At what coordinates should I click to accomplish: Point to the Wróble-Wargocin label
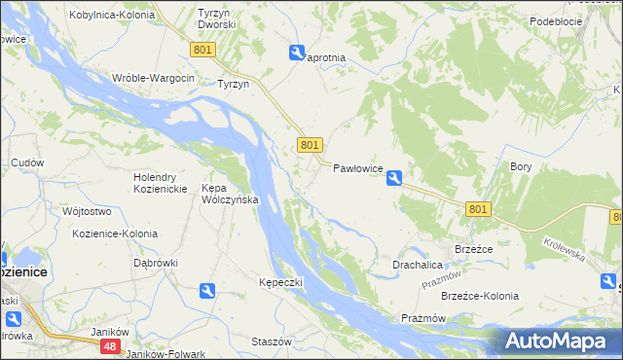coord(154,78)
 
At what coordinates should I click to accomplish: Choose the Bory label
coord(521,166)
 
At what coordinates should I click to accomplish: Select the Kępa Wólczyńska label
coord(229,193)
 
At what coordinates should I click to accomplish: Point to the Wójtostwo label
coord(87,211)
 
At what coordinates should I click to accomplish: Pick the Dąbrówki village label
coord(156,263)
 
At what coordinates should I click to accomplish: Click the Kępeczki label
coord(281,282)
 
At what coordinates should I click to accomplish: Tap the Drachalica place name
coord(419,265)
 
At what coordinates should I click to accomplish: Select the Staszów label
coord(272,342)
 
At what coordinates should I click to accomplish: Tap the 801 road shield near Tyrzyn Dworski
coord(202,49)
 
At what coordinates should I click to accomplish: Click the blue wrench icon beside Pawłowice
coord(394,178)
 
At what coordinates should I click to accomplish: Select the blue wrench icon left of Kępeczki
coord(206,290)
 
